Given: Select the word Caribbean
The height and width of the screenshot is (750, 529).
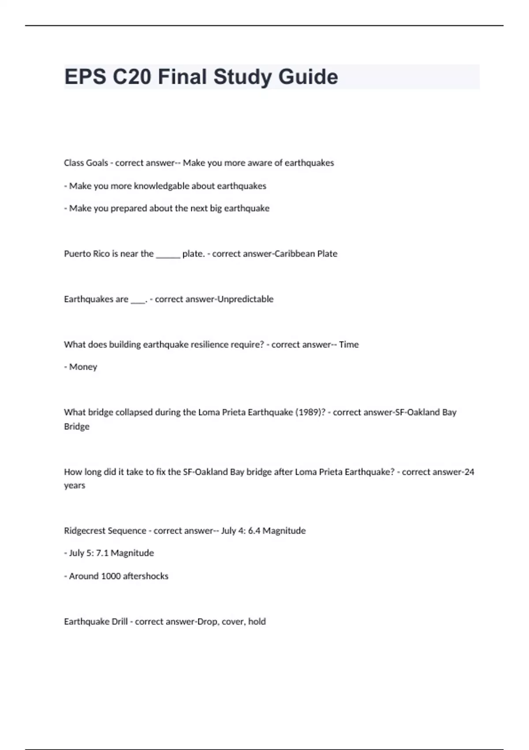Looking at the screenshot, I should coord(294,254).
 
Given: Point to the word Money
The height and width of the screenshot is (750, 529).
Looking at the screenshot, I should coord(83,367).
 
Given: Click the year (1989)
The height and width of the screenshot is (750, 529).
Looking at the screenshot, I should coord(310,412).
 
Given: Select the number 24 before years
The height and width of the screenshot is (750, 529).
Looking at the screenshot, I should coord(469,472).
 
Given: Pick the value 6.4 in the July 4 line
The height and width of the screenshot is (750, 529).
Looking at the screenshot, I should coord(254,531).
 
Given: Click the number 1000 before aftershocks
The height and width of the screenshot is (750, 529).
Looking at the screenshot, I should coord(111,576).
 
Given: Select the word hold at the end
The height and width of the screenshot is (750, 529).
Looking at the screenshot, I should coord(257,622).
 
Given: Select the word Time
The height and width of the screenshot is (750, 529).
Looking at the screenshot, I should coord(349,345).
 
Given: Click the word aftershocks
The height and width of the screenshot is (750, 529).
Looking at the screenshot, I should coord(145,576).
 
